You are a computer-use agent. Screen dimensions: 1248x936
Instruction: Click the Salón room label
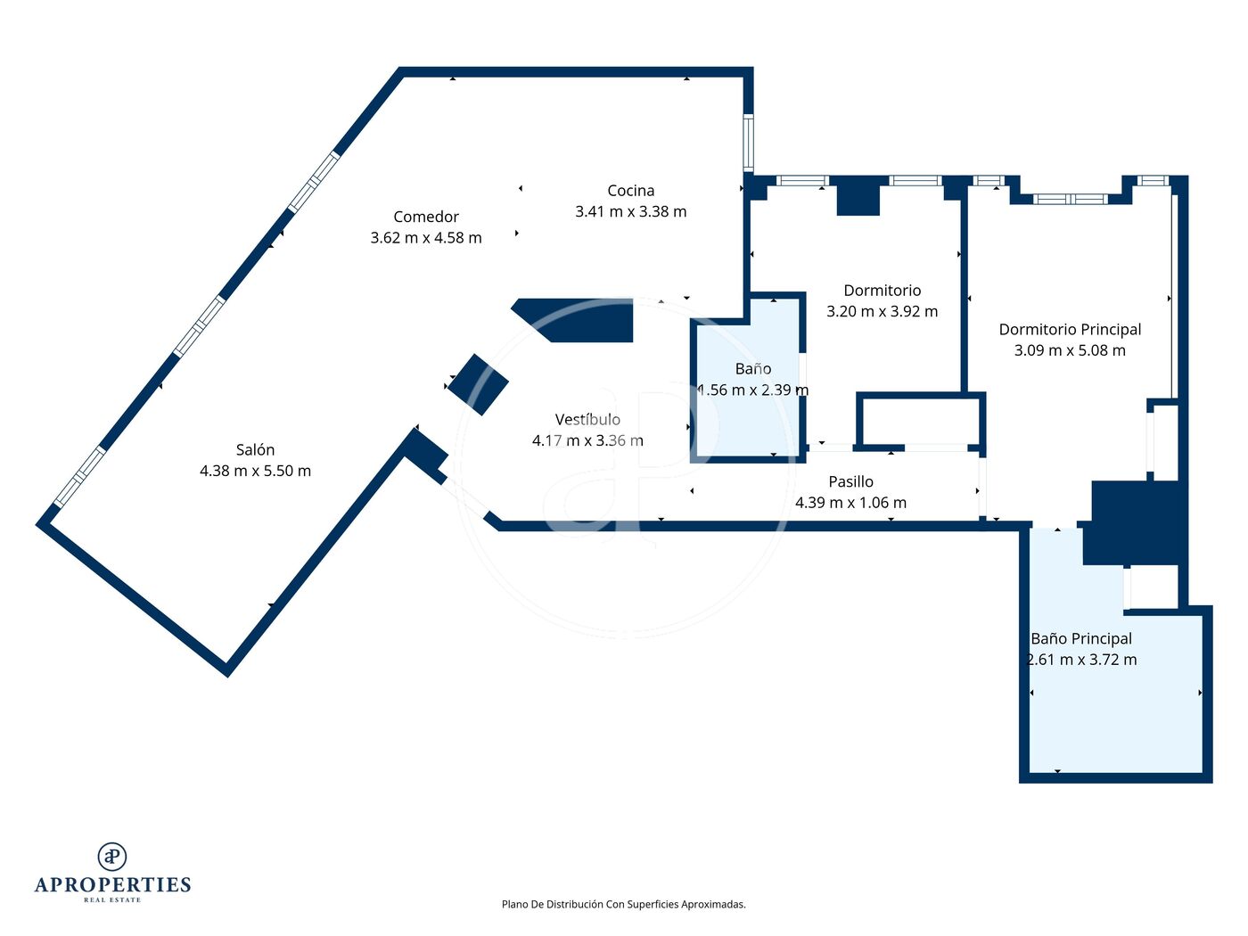coord(255,450)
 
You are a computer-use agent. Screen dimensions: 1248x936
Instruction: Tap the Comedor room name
coord(426,217)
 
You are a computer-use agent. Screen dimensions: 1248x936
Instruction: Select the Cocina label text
coord(630,191)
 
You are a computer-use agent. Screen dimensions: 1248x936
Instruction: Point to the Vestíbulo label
coord(587,419)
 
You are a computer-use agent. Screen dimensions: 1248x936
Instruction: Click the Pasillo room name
coord(850,481)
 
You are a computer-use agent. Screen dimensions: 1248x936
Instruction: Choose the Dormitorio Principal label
coord(1070,330)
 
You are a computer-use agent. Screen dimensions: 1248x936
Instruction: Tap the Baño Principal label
coord(1081,639)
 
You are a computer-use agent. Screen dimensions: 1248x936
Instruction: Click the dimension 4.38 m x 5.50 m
coord(255,472)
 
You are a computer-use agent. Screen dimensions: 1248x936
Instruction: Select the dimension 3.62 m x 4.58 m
coord(426,237)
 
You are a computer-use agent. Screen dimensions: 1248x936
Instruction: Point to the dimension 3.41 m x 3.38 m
coord(630,211)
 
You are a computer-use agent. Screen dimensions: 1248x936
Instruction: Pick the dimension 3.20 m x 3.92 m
coord(882,311)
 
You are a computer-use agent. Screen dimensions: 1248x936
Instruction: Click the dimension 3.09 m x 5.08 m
coord(1070,350)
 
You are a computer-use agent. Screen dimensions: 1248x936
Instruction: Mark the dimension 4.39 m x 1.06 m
coord(850,503)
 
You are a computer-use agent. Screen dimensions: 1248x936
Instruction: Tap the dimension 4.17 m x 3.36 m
coord(587,440)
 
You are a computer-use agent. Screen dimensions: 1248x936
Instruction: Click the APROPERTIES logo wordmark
coord(112,885)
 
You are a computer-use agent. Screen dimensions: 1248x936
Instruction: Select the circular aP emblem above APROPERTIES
coord(112,857)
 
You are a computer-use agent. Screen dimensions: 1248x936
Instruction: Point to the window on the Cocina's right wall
coord(749,143)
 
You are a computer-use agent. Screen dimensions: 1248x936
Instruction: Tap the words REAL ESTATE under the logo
coord(112,900)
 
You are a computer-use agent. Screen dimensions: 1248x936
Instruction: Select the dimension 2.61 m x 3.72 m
coord(1081,660)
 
